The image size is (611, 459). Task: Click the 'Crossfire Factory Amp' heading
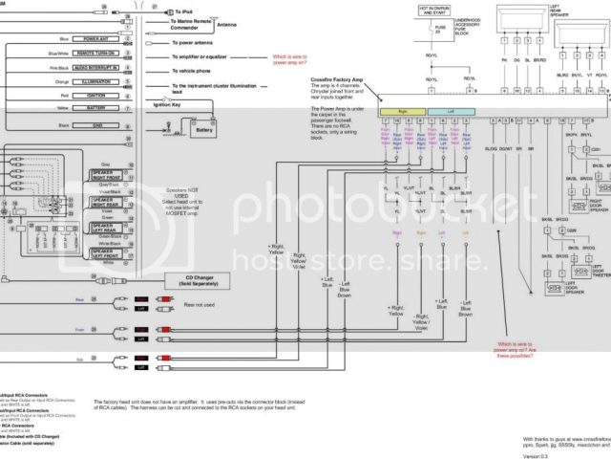click(340, 82)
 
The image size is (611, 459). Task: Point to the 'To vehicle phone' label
click(197, 71)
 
